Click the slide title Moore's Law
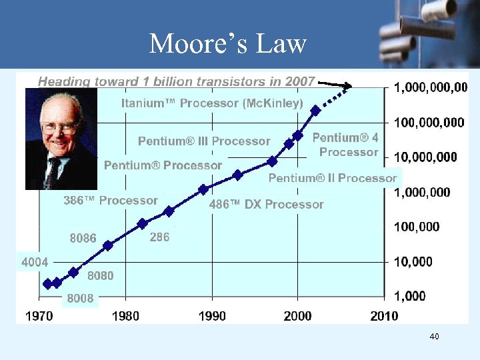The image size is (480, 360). pos(227,44)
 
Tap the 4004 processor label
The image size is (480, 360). pos(35,263)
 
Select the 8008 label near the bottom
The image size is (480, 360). pos(81,299)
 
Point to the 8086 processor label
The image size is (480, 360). pos(83,238)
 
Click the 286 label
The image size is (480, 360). pos(159,237)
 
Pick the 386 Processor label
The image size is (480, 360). pos(111,201)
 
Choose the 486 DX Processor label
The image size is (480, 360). pos(267,205)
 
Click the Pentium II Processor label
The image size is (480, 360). pos(332,178)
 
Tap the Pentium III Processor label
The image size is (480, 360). pos(204,141)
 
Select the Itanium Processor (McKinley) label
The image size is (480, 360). pos(212,103)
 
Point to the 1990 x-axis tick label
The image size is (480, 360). pos(212,315)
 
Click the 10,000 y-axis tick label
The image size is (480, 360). pos(413,262)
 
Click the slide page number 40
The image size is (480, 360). pos(434,337)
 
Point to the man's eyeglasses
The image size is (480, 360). pos(60,126)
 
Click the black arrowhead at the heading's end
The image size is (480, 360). pos(349,86)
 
